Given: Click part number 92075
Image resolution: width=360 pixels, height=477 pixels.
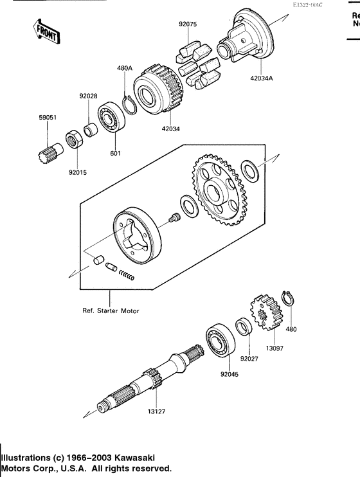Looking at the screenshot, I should coord(188,26).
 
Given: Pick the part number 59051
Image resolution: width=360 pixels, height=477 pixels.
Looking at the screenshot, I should coord(46,118).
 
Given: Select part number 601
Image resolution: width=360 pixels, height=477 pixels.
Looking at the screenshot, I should coord(116,153).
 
